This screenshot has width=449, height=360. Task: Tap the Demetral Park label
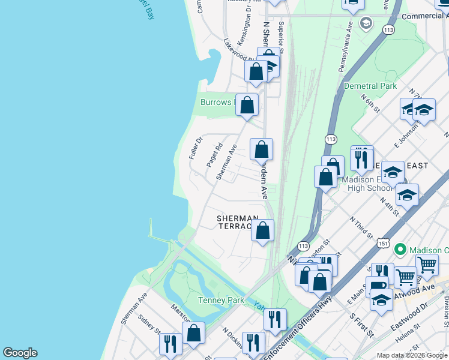coord(370,86)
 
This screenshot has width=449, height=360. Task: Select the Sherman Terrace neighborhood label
coord(238,222)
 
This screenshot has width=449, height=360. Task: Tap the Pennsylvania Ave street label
coord(346,48)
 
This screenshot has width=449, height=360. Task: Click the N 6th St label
coord(370,103)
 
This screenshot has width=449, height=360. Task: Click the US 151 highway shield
coord(384,243)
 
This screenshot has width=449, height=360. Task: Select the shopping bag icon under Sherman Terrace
coord(262,230)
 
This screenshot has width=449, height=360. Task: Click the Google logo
coord(20,353)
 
